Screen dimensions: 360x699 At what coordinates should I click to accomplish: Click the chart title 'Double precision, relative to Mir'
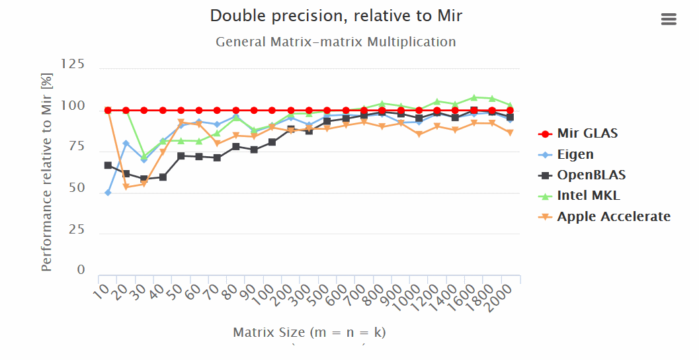[x=336, y=16]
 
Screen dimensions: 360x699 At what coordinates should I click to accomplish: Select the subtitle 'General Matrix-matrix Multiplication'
[x=336, y=42]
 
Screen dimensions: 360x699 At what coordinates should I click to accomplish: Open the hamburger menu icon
[x=669, y=20]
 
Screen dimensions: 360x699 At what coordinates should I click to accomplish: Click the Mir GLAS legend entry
[x=587, y=133]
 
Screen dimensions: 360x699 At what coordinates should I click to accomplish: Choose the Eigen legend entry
[x=575, y=154]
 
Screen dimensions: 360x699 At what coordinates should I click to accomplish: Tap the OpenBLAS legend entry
[x=591, y=175]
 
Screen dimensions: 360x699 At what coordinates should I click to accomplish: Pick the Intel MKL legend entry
[x=588, y=195]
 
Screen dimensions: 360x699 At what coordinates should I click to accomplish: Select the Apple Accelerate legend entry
[x=613, y=216]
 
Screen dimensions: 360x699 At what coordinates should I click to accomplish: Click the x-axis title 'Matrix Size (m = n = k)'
[x=309, y=332]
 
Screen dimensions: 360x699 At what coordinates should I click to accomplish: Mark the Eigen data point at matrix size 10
[x=108, y=193]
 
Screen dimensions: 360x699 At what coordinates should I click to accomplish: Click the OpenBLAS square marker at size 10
[x=108, y=165]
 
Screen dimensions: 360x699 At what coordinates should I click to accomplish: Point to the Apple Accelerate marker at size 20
[x=126, y=187]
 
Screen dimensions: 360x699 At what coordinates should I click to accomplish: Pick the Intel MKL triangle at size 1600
[x=473, y=97]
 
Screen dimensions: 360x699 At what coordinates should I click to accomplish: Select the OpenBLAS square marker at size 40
[x=163, y=177]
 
